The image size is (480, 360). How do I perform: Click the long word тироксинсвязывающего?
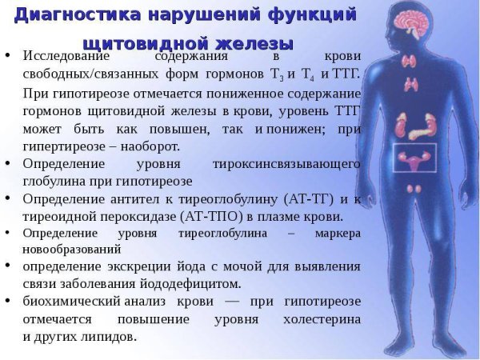pos(286,164)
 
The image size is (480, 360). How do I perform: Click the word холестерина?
pos(319,318)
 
